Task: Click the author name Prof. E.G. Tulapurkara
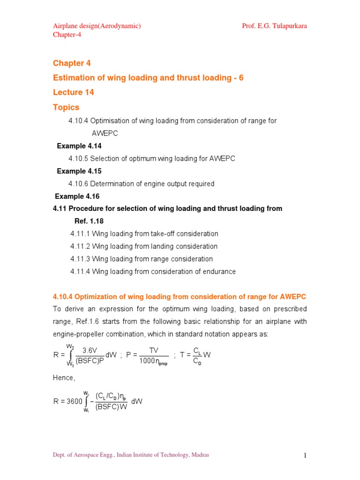pyautogui.click(x=274, y=26)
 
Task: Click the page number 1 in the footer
pyautogui.click(x=304, y=455)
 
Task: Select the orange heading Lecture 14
pyautogui.click(x=74, y=92)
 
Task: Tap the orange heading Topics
pyautogui.click(x=66, y=107)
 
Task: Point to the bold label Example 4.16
pyautogui.click(x=77, y=196)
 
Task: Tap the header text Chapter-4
pyautogui.click(x=67, y=35)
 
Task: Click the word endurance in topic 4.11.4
pyautogui.click(x=218, y=271)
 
